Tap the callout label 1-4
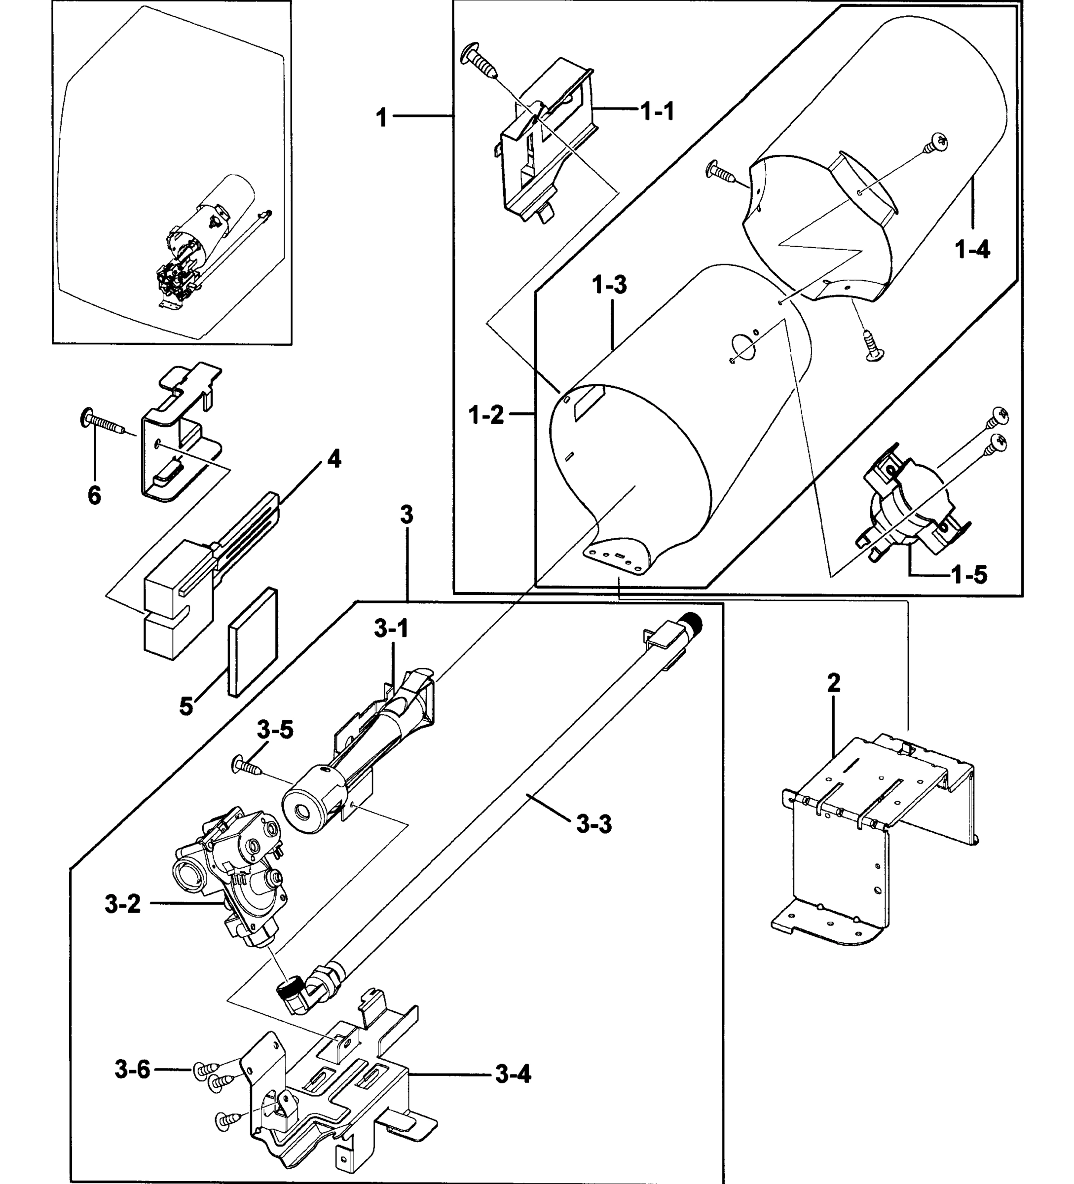pos(972,250)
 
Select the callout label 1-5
pos(969,574)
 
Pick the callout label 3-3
pos(593,823)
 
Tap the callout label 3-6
pos(132,1070)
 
